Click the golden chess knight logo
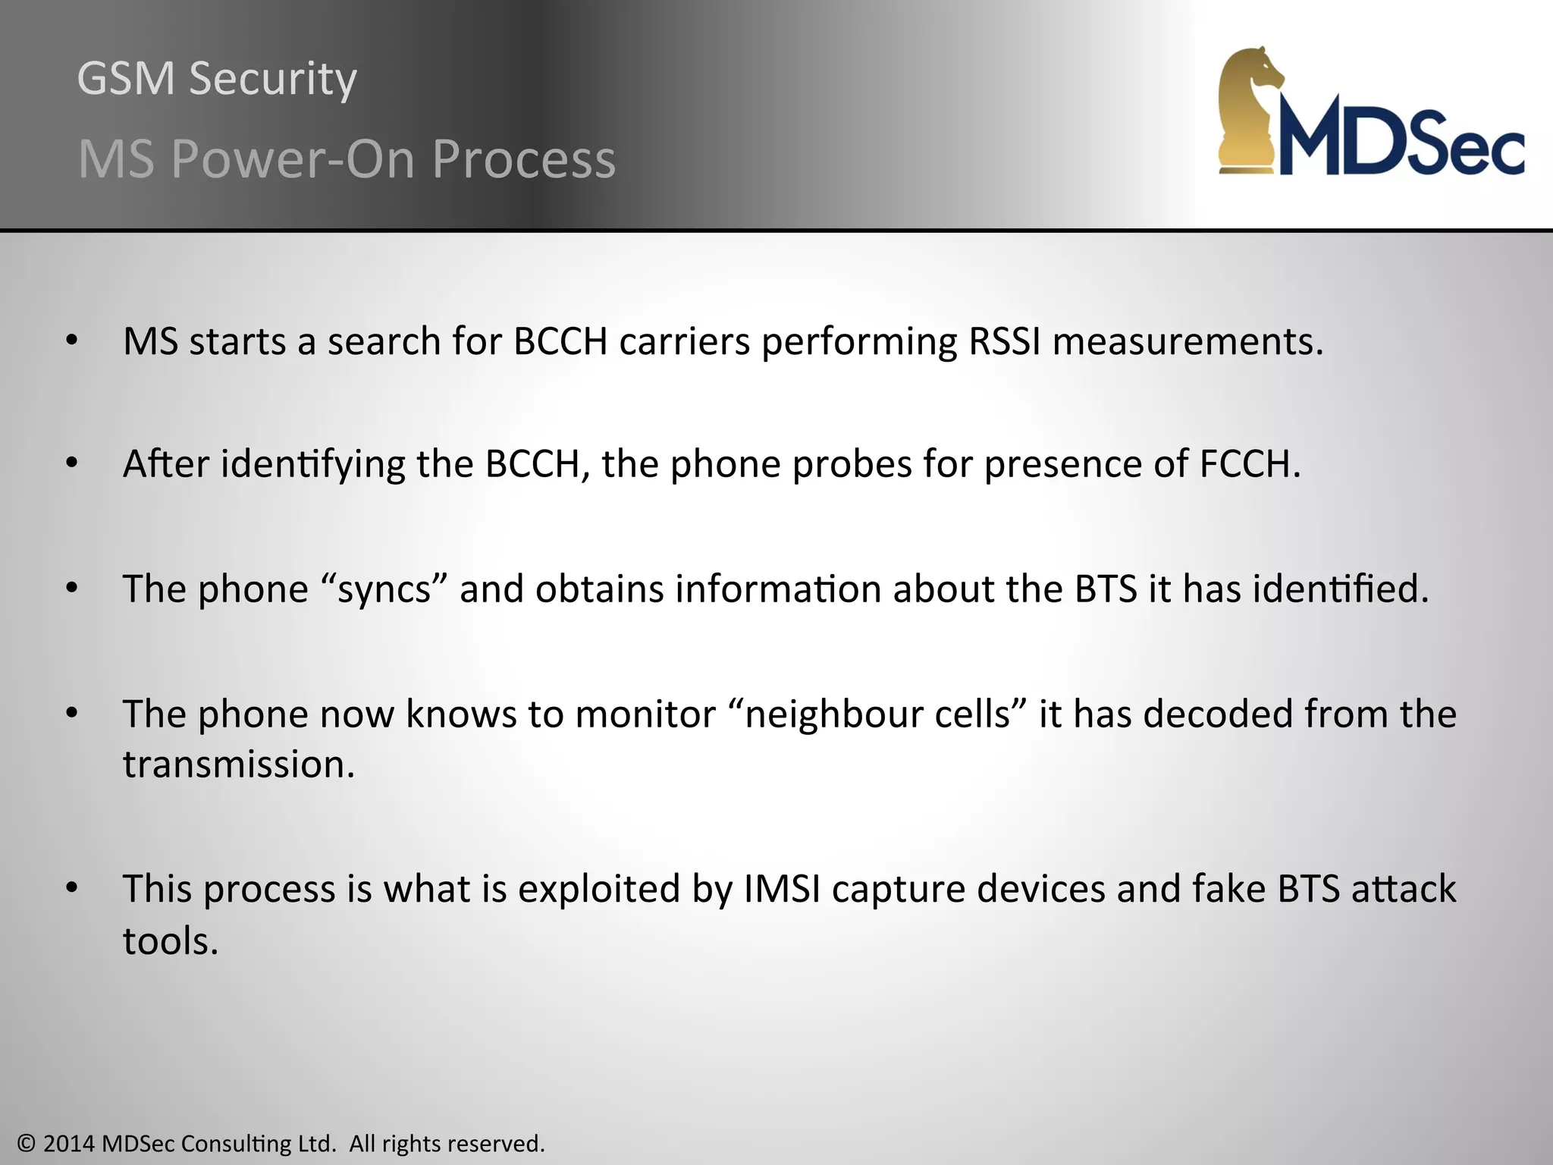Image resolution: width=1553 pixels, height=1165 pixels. click(x=1250, y=110)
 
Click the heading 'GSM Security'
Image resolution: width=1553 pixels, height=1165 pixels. click(x=217, y=78)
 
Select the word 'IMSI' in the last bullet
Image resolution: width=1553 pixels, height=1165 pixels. click(x=782, y=889)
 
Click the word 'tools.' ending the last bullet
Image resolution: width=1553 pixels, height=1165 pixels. click(x=171, y=941)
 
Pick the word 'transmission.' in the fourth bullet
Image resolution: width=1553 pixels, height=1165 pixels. click(x=239, y=765)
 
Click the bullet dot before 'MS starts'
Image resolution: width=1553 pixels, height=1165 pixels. click(x=72, y=341)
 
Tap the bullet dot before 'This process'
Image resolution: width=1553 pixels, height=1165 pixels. click(x=72, y=888)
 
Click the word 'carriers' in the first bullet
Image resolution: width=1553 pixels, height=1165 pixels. click(x=684, y=341)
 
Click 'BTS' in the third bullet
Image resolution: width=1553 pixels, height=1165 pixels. click(x=1106, y=589)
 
